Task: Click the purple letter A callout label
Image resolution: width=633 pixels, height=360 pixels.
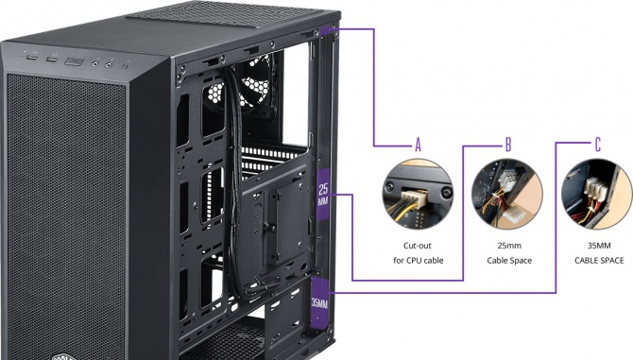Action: coord(419,145)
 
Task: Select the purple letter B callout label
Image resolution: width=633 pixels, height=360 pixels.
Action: coord(508,144)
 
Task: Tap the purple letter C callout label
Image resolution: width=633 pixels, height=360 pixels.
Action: coord(598,144)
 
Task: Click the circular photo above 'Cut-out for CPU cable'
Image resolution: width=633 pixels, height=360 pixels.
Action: coord(418,195)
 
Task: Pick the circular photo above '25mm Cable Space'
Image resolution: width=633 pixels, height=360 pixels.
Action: coord(507,195)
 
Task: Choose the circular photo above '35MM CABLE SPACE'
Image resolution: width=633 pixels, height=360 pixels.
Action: coord(597,195)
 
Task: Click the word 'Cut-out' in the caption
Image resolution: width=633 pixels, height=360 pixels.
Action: coord(418,246)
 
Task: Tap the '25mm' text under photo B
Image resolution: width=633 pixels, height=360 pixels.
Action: coord(509,246)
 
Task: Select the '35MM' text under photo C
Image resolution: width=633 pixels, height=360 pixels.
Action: coord(599,246)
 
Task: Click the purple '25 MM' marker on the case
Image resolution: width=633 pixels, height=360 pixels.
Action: coord(323,194)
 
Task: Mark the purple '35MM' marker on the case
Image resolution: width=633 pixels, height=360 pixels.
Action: coord(319,303)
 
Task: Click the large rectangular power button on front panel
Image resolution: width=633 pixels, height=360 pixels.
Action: coord(75,61)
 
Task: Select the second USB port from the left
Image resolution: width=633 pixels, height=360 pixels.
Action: coord(52,60)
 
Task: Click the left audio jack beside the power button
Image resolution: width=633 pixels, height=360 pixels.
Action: coord(96,63)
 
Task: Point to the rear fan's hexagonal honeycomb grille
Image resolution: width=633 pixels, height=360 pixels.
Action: coord(238,90)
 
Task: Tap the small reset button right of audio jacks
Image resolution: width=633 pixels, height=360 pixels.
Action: coord(125,66)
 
